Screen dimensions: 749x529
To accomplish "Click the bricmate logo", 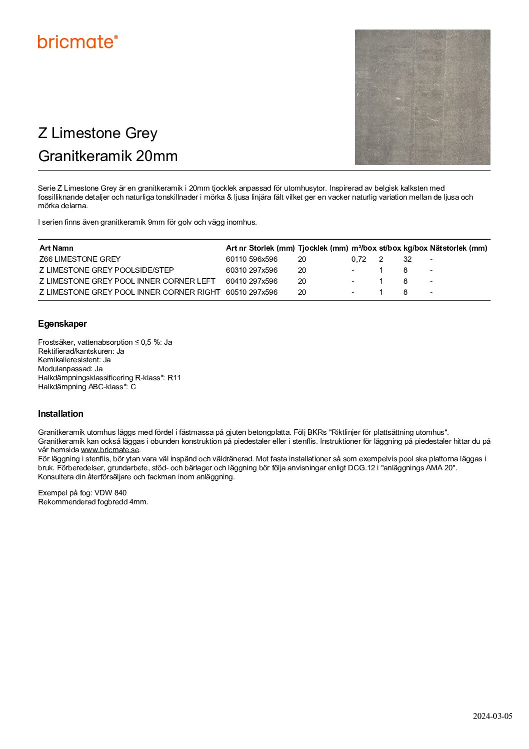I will point(77,42).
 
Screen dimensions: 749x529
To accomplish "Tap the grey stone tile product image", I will point(422,97).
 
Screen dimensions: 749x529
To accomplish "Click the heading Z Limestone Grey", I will point(98,133).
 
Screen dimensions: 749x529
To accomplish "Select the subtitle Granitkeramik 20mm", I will point(108,156).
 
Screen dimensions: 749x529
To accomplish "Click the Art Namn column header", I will point(56,248).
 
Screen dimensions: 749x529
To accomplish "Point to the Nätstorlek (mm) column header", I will point(458,248).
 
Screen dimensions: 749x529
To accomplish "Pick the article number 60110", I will point(236,259).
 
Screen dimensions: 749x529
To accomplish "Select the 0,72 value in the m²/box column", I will point(358,259).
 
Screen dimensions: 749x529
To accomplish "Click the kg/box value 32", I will point(407,259).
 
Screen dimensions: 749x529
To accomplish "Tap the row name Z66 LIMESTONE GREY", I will point(80,259).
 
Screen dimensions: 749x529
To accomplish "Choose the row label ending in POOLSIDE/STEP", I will point(106,270).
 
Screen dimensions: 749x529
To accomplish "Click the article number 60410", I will point(236,281).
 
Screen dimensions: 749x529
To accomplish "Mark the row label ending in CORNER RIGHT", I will point(129,292).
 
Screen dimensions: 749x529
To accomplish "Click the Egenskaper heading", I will point(62,324).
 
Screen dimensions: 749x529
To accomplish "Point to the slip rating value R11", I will point(174,378).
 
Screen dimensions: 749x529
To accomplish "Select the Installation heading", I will point(60,414).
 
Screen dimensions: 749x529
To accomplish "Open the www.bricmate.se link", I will point(110,450).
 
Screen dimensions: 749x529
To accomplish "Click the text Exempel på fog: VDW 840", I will point(82,493).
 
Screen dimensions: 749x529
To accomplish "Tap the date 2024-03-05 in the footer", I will point(492,716).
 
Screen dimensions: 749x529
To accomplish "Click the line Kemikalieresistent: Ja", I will point(74,360).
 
